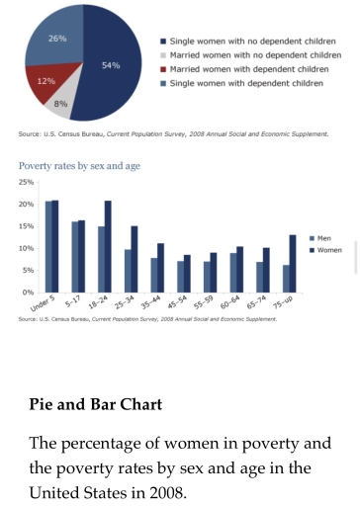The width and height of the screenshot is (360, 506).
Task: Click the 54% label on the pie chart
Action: [111, 65]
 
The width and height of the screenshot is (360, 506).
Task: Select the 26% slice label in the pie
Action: [57, 39]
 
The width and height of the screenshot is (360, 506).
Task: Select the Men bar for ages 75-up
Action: [286, 278]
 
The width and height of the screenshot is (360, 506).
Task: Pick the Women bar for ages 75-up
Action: [294, 263]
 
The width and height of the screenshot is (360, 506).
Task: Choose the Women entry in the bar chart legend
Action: [326, 249]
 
